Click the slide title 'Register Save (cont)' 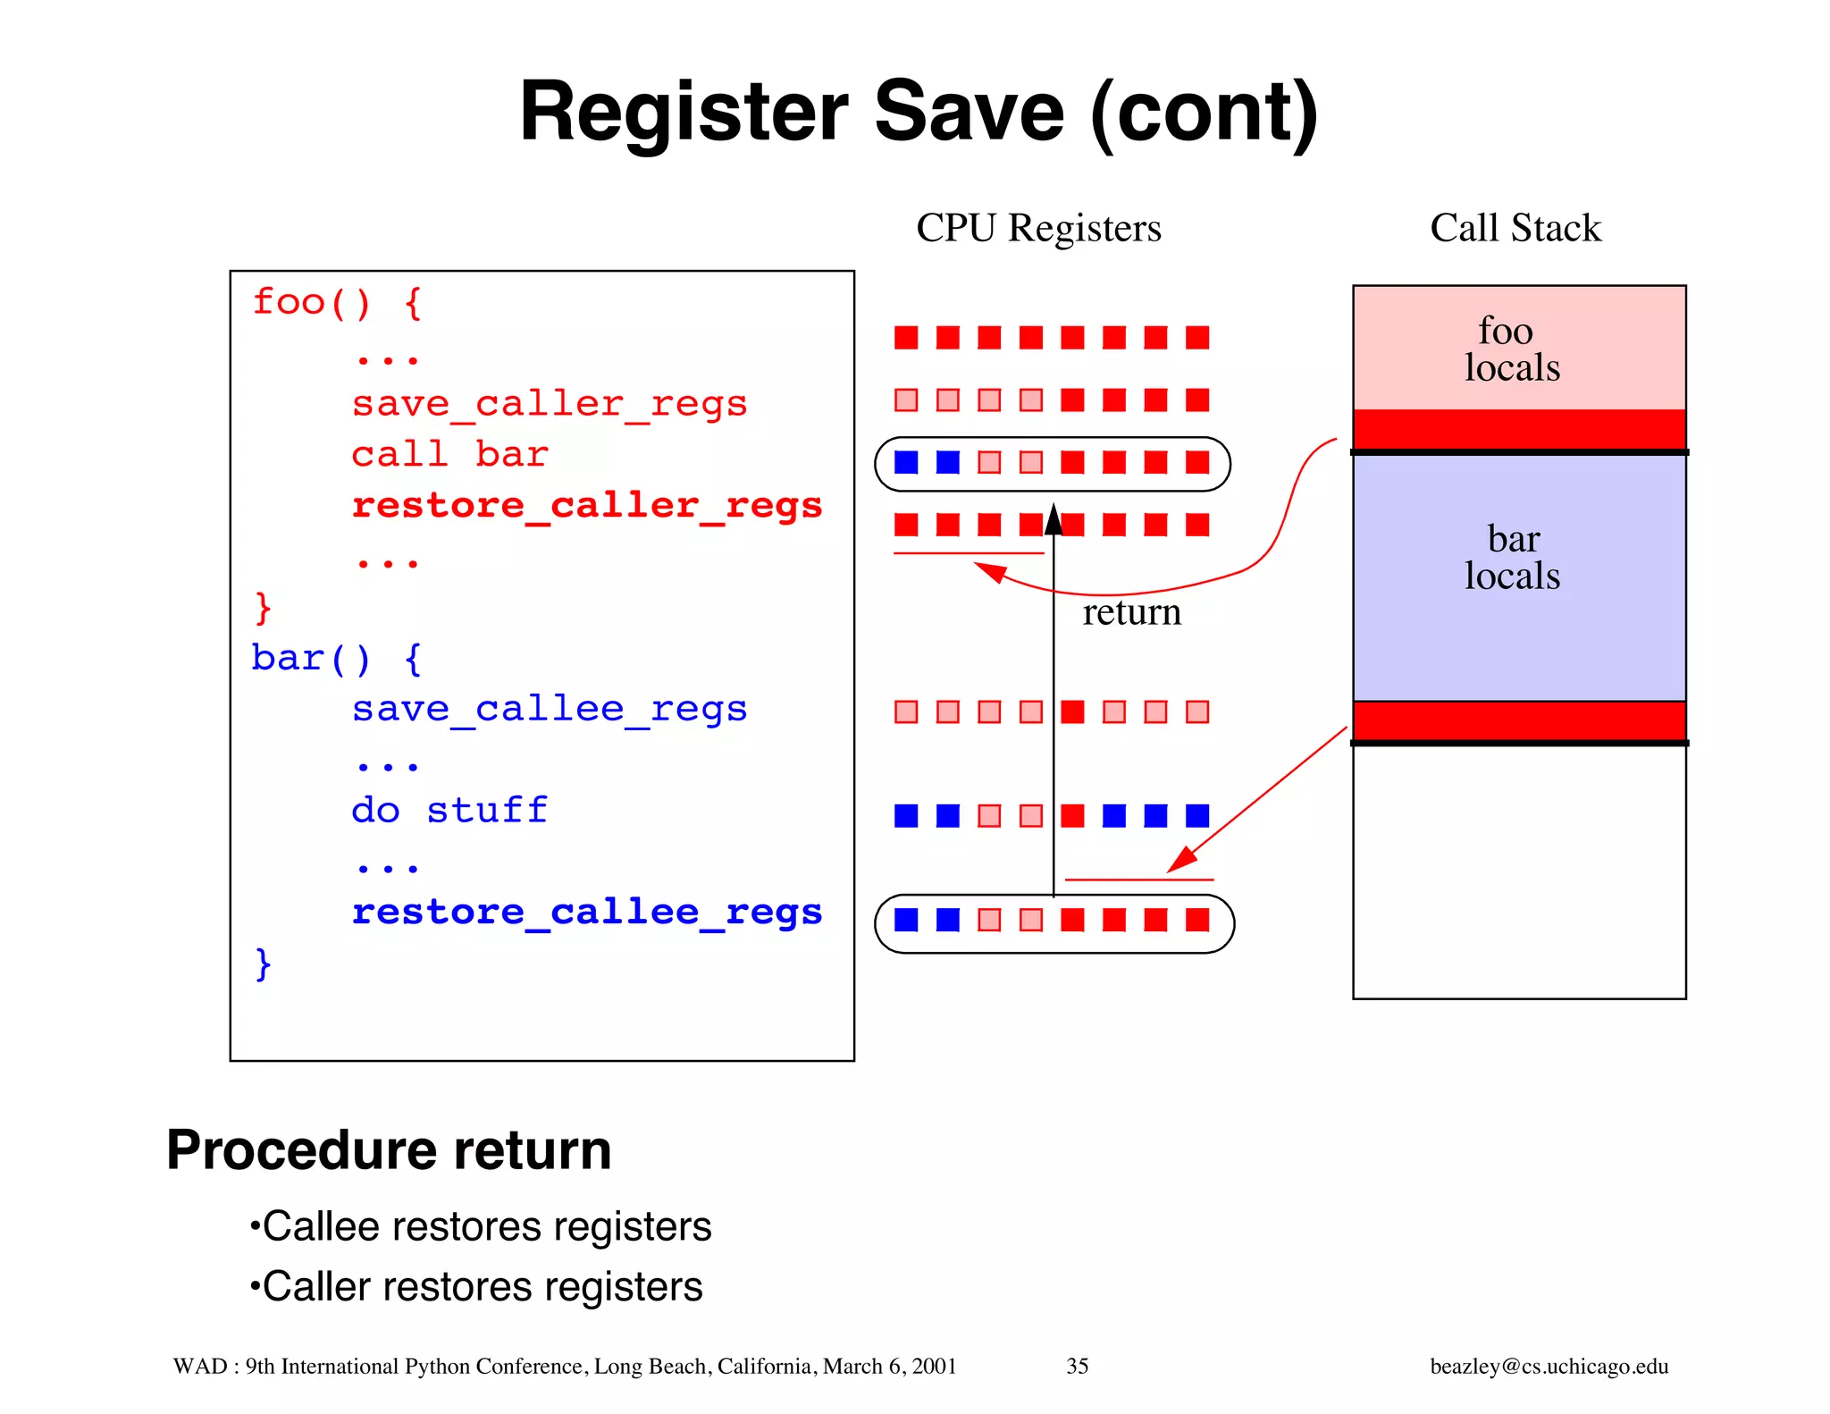pos(919,113)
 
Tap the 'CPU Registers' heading pos(1038,228)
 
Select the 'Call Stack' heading pos(1515,228)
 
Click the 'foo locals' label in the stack pos(1511,349)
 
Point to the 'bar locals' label pos(1513,558)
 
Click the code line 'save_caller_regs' pos(549,404)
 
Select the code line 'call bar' pos(449,455)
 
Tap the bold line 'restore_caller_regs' pos(586,506)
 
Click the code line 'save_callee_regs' pos(549,710)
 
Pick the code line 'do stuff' pos(449,811)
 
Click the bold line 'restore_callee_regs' pos(586,913)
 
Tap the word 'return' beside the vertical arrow pos(1131,613)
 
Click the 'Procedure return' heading pos(389,1150)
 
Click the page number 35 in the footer pos(1077,1367)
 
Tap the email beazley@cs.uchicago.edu pos(1549,1367)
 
